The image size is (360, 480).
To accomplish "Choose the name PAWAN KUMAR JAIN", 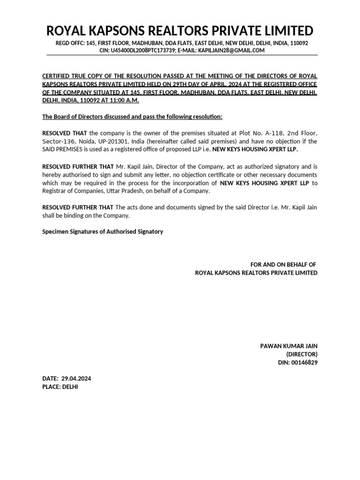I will (x=289, y=346).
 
